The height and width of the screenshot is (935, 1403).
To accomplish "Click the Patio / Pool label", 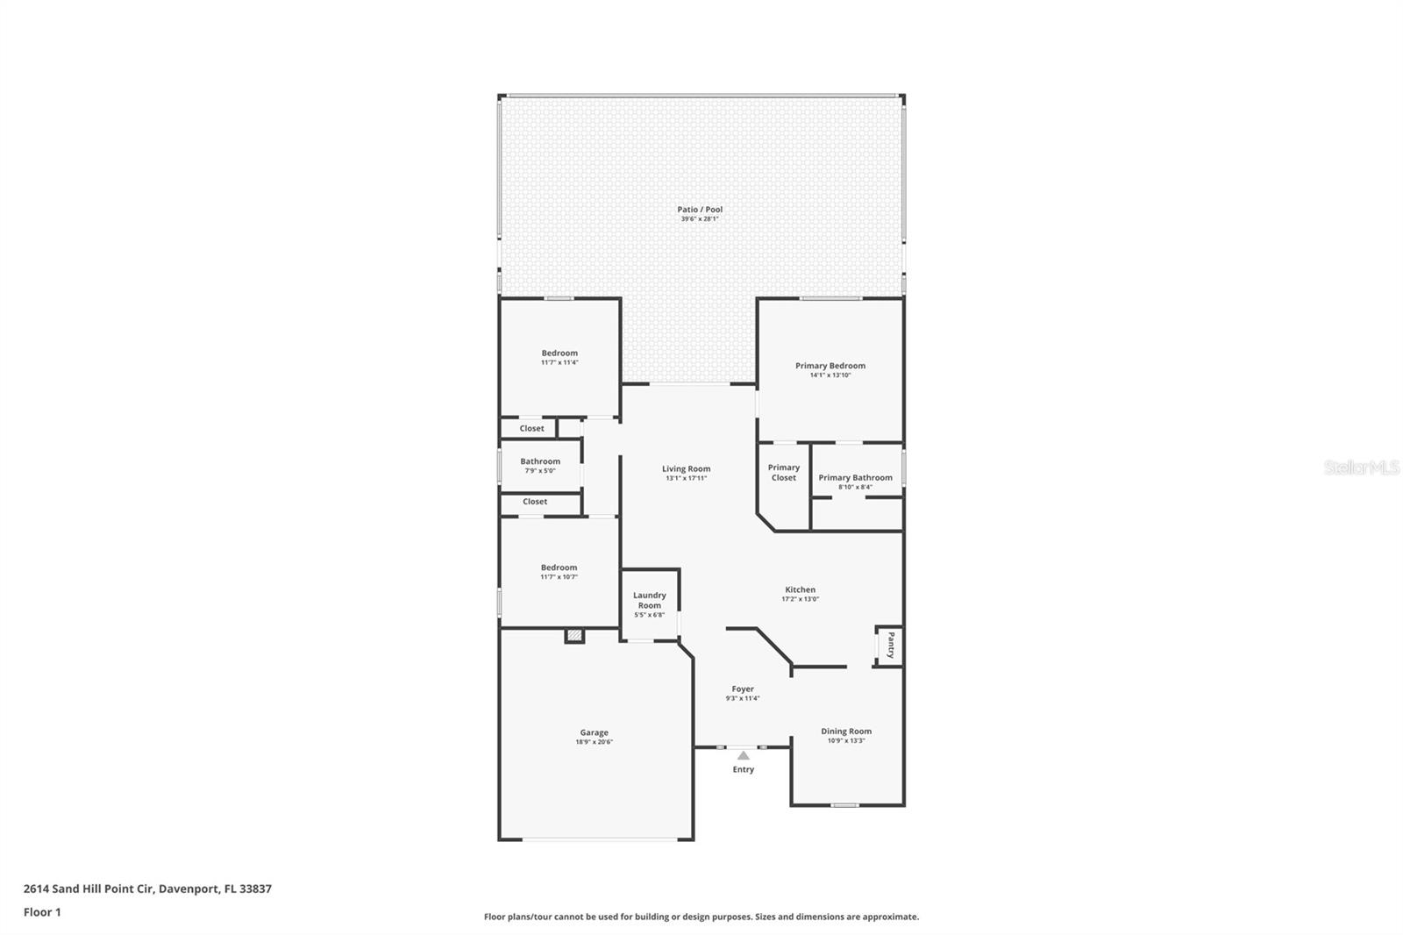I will [700, 210].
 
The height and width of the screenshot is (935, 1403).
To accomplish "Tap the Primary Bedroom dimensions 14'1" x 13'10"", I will [830, 375].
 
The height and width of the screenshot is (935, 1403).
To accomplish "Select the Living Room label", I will [686, 469].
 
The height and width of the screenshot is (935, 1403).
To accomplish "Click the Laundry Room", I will [650, 600].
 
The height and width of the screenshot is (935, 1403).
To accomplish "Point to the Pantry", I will [890, 646].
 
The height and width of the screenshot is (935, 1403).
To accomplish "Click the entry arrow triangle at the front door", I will [744, 755].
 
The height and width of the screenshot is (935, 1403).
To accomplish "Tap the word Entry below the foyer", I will [744, 770].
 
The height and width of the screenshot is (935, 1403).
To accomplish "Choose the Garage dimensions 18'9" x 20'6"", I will [594, 742].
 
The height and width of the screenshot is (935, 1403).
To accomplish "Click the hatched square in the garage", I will [574, 636].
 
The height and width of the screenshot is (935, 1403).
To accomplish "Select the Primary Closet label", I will [784, 473].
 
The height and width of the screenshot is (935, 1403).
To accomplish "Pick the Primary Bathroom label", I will [855, 478].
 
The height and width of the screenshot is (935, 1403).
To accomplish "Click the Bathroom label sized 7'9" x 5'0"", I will [540, 461].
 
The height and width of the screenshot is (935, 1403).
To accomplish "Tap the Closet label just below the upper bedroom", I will [531, 429].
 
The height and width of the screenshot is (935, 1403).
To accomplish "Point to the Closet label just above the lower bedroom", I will [535, 502].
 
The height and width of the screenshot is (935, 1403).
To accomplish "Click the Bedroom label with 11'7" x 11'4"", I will [559, 353].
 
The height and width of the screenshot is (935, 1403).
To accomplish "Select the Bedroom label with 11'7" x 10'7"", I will [559, 567].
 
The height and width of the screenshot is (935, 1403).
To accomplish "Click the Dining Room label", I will [846, 732].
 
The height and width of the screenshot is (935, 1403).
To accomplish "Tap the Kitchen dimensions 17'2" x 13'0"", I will [800, 599].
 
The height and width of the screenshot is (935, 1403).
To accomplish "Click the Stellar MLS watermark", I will [1361, 468].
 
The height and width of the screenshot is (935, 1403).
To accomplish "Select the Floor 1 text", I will [42, 912].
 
